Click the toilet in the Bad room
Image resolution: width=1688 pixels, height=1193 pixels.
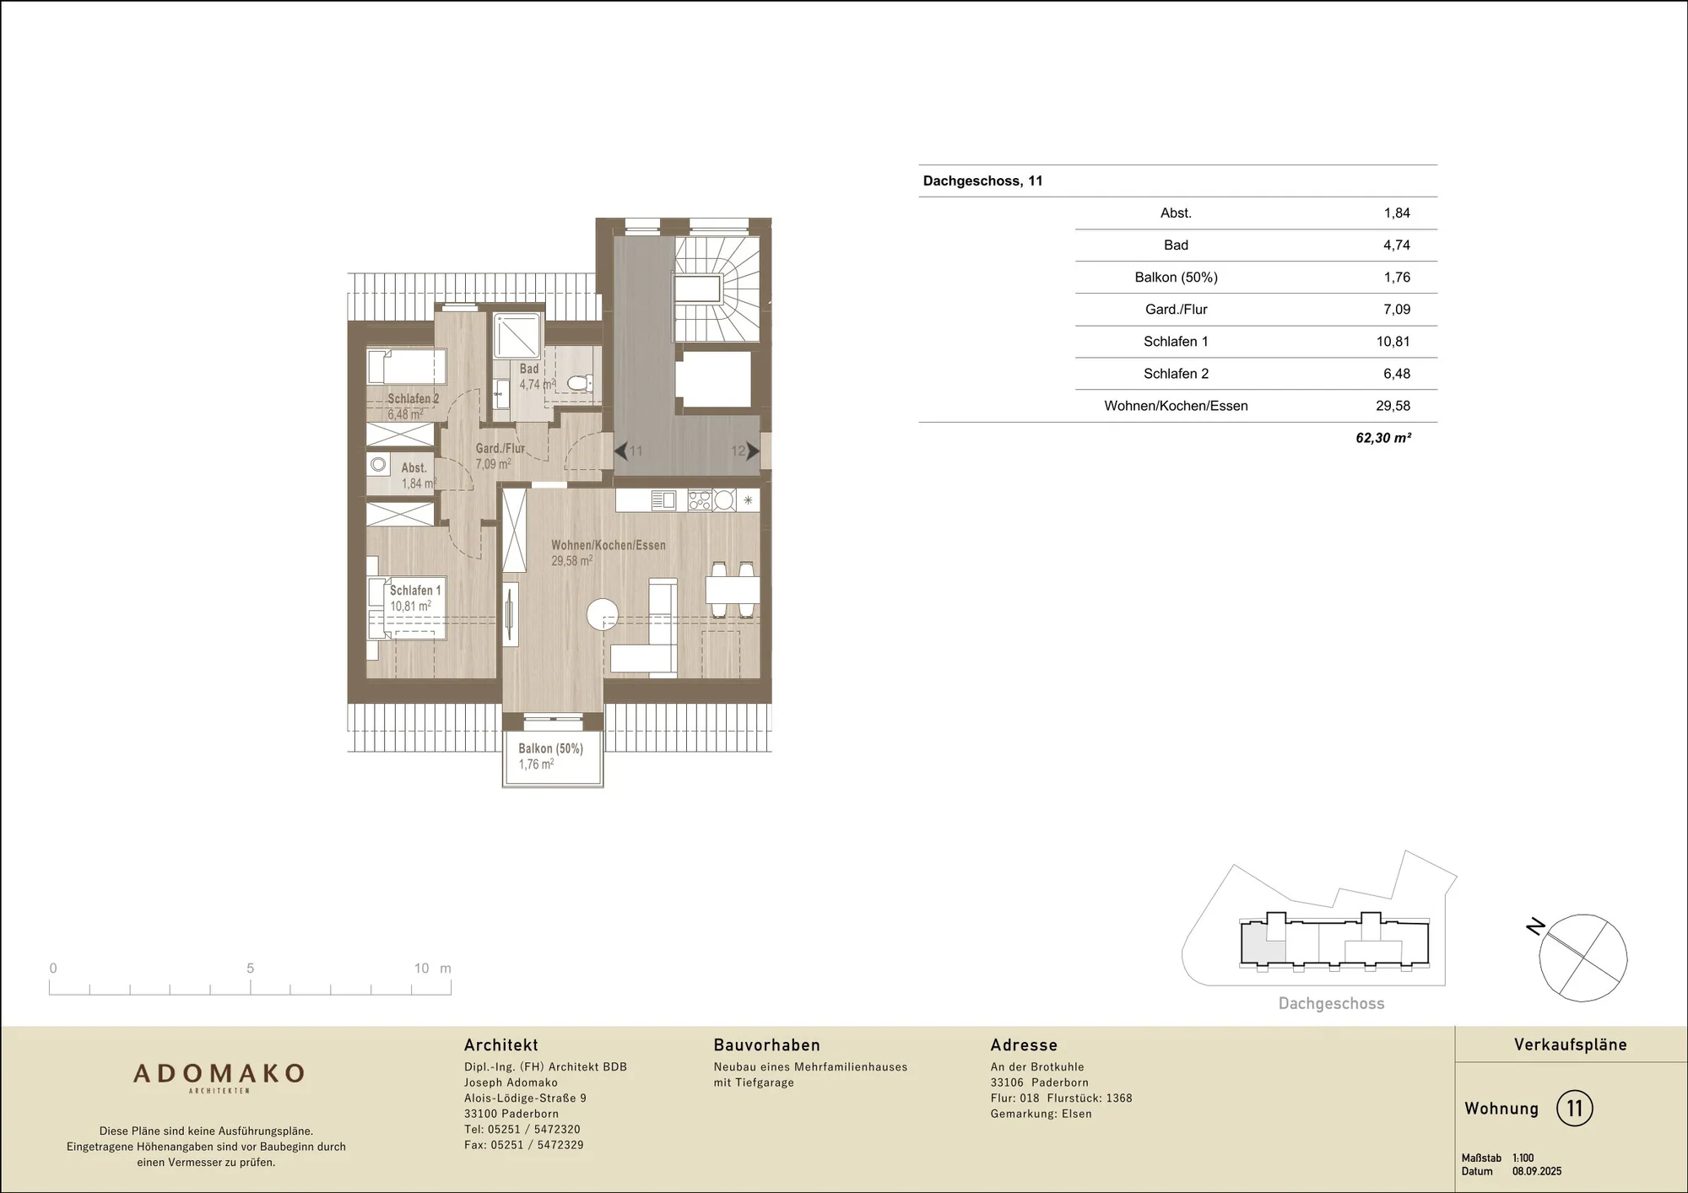point(579,383)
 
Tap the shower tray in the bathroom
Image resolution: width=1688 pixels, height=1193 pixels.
point(517,336)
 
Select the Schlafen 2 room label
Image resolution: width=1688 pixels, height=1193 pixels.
point(414,398)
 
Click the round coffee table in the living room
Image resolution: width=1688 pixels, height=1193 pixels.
point(603,614)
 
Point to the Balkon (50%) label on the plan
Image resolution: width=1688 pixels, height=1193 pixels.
point(550,748)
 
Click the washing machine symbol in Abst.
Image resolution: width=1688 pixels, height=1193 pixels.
point(378,465)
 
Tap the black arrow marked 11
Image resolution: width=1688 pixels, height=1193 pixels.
point(620,451)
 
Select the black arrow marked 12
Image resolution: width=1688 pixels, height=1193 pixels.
point(753,451)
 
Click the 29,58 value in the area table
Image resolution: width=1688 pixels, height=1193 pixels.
point(1393,406)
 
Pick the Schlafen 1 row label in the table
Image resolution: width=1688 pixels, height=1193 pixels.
point(1176,342)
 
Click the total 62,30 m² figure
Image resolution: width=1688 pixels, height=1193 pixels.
point(1383,438)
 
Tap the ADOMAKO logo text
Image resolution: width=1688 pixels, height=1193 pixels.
point(219,1073)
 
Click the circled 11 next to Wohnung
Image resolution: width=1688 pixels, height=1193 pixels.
point(1574,1108)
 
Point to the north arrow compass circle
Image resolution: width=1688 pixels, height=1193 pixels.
point(1582,958)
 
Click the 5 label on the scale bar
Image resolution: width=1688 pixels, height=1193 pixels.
point(250,969)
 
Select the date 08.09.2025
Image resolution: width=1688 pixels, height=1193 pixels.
point(1537,1171)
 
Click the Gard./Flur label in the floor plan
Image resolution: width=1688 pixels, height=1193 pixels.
point(500,448)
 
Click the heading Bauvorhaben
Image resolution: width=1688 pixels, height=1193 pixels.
point(766,1045)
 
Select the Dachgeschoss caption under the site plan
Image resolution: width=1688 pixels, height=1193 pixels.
point(1331,1003)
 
